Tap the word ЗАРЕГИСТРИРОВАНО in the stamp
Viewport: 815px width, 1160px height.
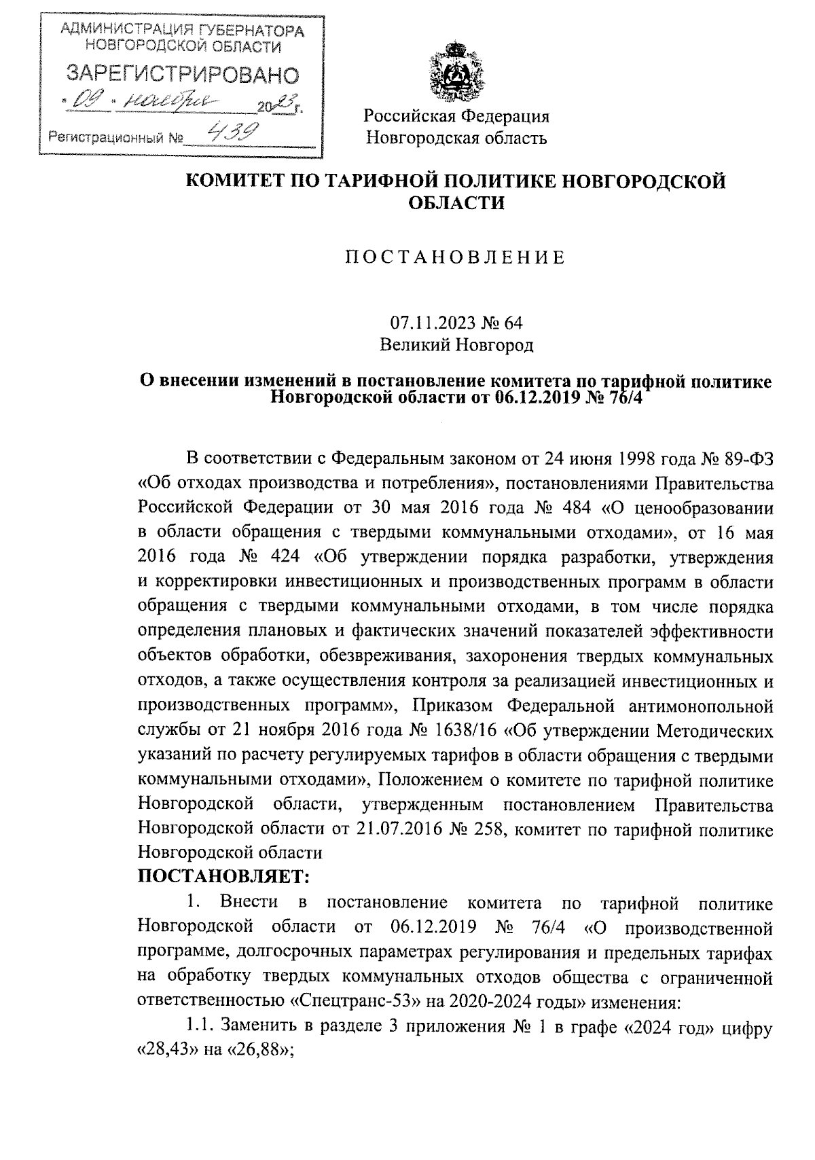pos(181,74)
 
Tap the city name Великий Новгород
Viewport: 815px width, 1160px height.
pos(456,346)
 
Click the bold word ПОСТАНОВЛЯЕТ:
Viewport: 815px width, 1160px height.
pos(224,876)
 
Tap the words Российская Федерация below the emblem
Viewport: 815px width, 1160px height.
pos(456,116)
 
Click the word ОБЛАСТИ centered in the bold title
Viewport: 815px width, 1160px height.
pos(456,203)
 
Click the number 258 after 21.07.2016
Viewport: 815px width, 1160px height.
pos(481,830)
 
